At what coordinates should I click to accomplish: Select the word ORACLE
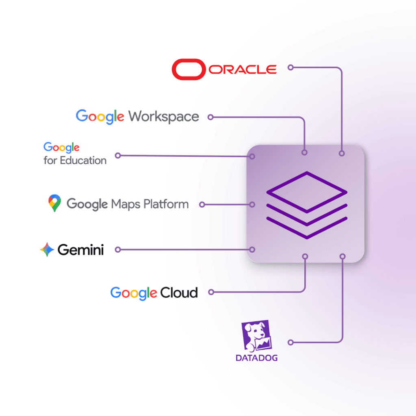(243, 69)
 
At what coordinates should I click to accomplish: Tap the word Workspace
(164, 117)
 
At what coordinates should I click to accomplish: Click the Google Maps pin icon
(55, 203)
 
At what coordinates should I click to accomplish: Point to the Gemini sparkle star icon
(47, 249)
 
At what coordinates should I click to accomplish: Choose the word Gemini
(81, 250)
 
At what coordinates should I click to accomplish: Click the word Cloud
(179, 292)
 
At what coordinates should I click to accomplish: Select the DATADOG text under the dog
(257, 358)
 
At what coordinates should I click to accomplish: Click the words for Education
(75, 160)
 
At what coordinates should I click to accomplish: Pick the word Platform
(166, 204)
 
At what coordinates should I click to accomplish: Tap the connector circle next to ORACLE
(290, 67)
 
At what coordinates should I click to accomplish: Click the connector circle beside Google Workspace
(210, 117)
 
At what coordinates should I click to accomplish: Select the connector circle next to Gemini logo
(118, 249)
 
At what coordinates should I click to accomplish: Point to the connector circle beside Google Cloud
(211, 292)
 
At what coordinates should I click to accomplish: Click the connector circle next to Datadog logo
(290, 342)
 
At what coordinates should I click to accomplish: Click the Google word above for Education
(62, 147)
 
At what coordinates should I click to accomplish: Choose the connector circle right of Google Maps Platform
(202, 205)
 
